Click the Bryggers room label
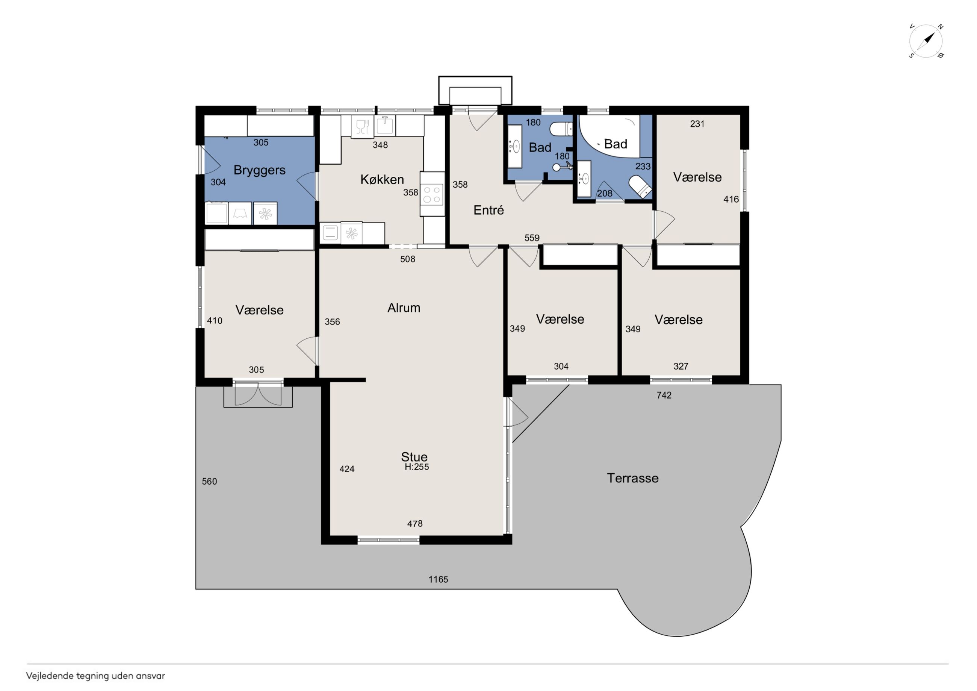(x=260, y=170)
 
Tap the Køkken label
(x=382, y=179)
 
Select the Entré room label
(x=488, y=210)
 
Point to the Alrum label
(x=404, y=308)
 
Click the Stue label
(x=414, y=457)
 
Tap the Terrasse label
(x=633, y=478)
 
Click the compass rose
(x=926, y=41)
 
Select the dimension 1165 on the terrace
(x=438, y=579)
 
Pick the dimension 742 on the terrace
(x=664, y=395)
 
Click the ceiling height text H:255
(x=417, y=467)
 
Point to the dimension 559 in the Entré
(x=532, y=238)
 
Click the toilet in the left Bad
(x=561, y=129)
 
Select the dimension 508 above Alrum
(x=408, y=259)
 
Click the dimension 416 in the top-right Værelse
(x=731, y=199)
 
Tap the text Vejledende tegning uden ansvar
(x=95, y=676)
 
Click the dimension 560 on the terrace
(x=209, y=482)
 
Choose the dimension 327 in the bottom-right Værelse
(x=681, y=366)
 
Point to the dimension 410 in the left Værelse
(x=215, y=321)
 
